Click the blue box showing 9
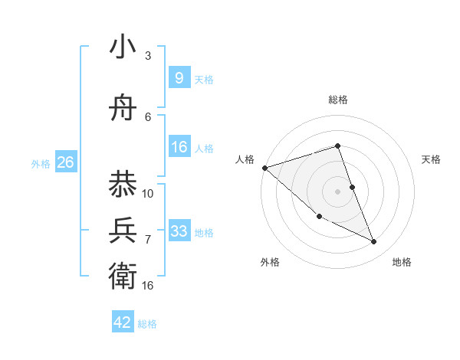point(179,78)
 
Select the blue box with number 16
point(179,147)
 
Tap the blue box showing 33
point(179,231)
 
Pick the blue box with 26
point(65,162)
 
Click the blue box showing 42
point(123,322)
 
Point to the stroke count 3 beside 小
point(148,56)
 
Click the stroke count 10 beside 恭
point(148,193)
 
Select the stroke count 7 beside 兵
point(148,239)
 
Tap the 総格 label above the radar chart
point(338,100)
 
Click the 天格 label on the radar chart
point(432,159)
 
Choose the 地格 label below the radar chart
point(402,262)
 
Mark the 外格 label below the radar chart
point(270,262)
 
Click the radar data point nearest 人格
point(264,167)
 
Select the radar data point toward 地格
point(374,242)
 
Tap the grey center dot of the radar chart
point(337,191)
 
